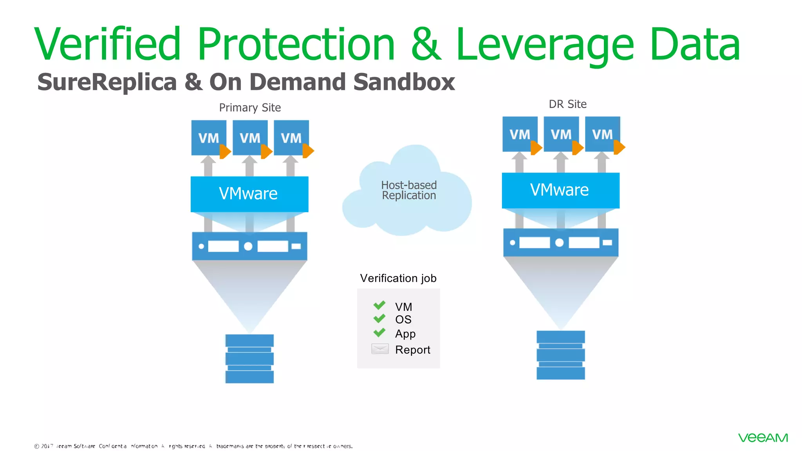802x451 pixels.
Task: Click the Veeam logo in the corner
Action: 763,437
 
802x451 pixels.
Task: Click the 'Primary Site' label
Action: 250,108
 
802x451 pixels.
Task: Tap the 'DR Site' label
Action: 567,104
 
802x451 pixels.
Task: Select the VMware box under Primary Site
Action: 249,194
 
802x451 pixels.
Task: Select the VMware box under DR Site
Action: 560,190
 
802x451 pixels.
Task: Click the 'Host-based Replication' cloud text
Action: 409,190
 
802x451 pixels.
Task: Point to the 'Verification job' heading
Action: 398,278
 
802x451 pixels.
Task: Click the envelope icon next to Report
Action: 380,349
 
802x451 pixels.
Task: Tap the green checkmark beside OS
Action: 379,319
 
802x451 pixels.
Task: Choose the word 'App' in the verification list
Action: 405,334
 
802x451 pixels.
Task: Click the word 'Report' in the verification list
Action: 412,350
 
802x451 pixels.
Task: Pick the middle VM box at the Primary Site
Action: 250,137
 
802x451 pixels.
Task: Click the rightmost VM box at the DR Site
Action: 602,134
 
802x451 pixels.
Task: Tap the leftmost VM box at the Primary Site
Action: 208,137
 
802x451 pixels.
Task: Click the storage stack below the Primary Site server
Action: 249,359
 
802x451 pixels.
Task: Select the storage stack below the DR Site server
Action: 560,355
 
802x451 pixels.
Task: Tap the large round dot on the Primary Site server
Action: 248,246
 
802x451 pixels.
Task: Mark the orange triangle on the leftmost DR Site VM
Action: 536,148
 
